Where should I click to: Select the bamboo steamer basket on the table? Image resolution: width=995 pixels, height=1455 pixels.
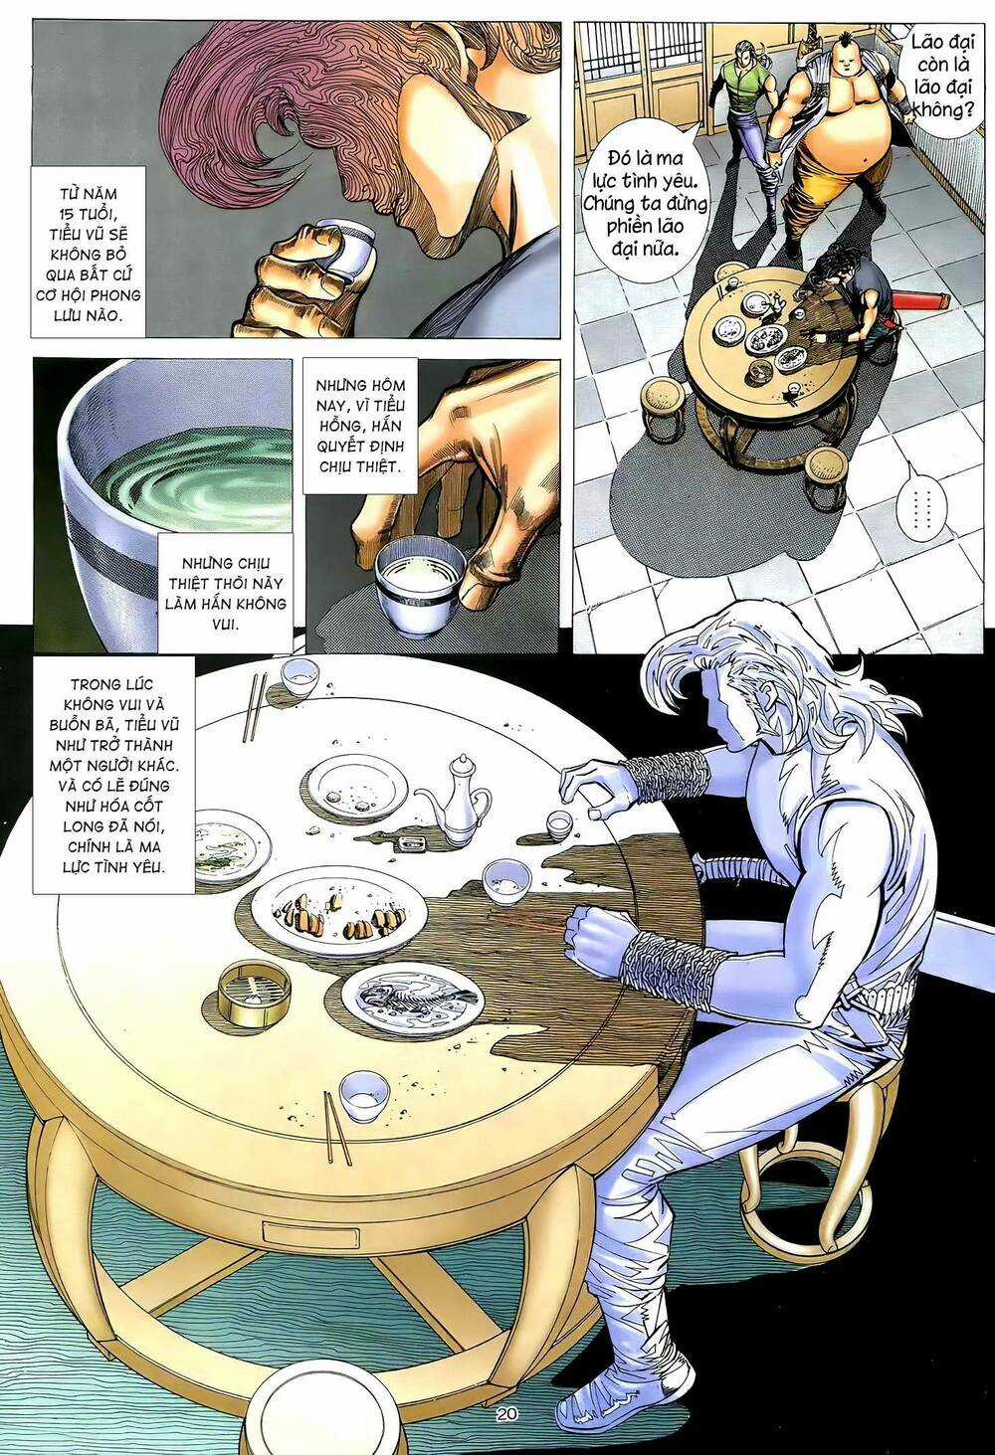pos(254,991)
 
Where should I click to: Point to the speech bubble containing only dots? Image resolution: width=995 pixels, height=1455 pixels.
pos(914,508)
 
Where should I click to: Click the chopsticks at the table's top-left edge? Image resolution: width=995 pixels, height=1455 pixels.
pos(254,707)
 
